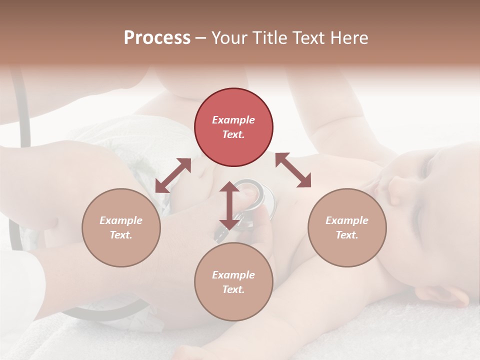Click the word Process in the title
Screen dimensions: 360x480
[157, 37]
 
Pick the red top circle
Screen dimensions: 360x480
[233, 127]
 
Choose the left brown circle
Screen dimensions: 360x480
[121, 227]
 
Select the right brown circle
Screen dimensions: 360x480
[347, 227]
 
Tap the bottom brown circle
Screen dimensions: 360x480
[233, 281]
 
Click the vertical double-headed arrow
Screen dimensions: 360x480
[229, 205]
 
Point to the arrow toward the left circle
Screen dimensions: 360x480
[173, 175]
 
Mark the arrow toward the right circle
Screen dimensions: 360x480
[293, 170]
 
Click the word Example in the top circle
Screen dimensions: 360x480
[233, 120]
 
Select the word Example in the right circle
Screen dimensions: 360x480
[347, 220]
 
